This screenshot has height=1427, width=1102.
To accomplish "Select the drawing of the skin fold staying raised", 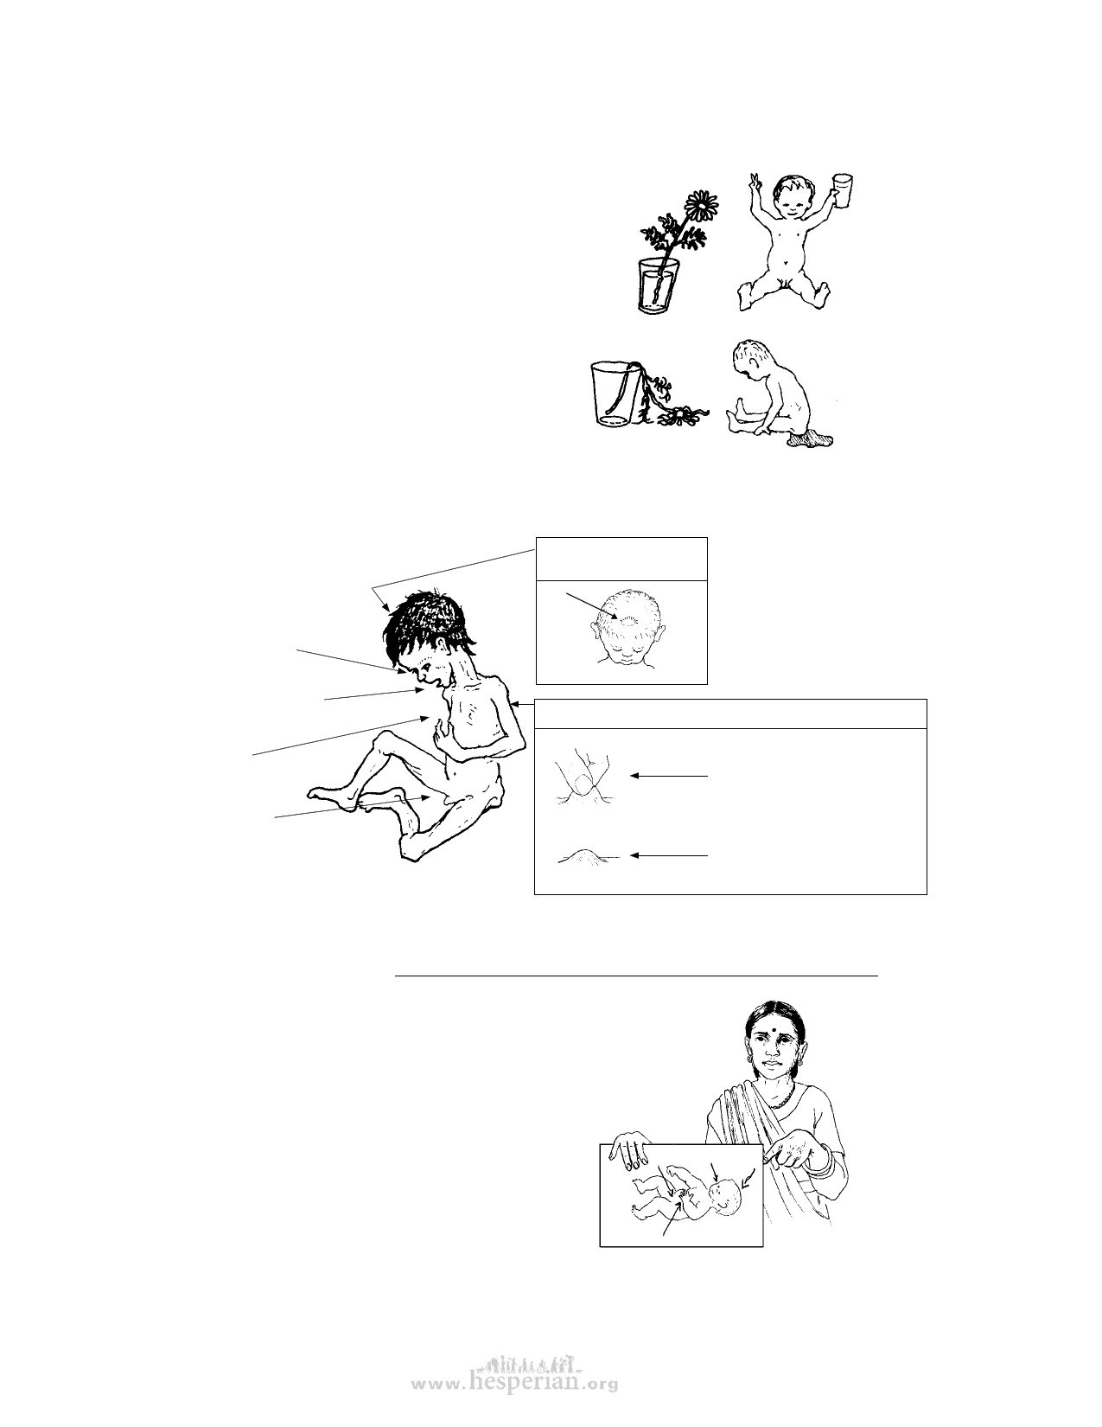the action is pyautogui.click(x=588, y=856).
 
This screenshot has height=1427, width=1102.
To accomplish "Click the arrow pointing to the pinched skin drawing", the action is pyautogui.click(x=669, y=776).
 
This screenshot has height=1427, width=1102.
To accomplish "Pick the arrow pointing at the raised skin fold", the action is pyautogui.click(x=669, y=855).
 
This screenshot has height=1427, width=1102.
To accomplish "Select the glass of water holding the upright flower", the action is pyautogui.click(x=658, y=284).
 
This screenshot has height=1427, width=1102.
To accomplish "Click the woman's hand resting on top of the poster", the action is pyautogui.click(x=631, y=1149).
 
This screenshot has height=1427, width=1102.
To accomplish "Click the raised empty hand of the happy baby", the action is pyautogui.click(x=755, y=182).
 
